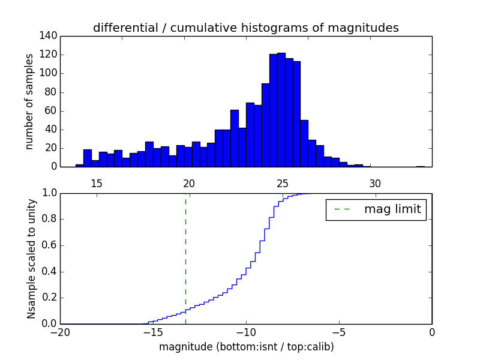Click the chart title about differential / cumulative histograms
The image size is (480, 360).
coord(246,28)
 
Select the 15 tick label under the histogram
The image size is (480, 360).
coord(96,183)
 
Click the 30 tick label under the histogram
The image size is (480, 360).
coord(375,183)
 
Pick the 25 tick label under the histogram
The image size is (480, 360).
coord(282,183)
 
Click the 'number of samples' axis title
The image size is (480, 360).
coord(29,101)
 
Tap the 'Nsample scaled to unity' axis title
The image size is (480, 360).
coord(31,259)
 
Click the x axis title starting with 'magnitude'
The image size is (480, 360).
coord(246,347)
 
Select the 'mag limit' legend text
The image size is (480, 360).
coord(392,209)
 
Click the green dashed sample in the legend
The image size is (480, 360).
coord(342,209)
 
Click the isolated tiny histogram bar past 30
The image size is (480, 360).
coord(420,166)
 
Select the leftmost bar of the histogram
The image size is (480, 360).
coord(79,166)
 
